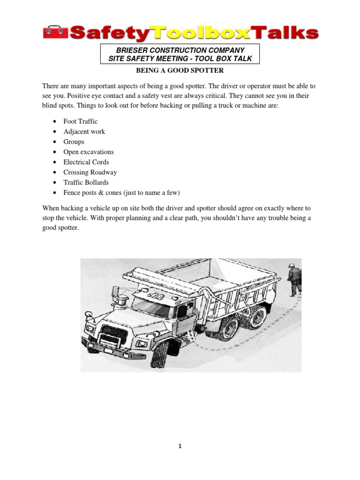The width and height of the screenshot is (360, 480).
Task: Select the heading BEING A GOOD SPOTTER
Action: coord(180,70)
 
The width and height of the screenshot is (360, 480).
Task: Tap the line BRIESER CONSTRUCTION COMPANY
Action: coord(180,50)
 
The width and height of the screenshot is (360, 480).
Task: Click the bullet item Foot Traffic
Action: coord(81,121)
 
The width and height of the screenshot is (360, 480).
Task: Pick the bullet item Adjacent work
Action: coord(84,132)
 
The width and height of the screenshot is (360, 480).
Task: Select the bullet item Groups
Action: coord(74,142)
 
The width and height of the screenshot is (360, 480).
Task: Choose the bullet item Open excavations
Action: coord(89,152)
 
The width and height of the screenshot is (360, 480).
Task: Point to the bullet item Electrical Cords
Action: coord(86,162)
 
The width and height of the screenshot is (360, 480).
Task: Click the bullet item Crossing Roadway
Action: coord(90,172)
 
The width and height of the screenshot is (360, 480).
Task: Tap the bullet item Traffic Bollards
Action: coord(86,182)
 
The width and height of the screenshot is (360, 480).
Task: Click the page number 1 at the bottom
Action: coord(180,446)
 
